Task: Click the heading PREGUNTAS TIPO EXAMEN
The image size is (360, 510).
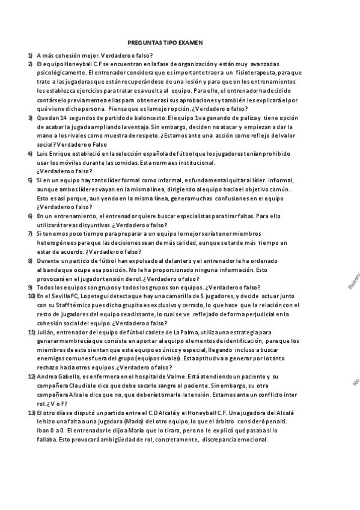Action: [x=165, y=43]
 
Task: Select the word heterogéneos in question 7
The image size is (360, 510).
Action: [x=59, y=242]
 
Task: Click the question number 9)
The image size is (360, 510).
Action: [x=31, y=287]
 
